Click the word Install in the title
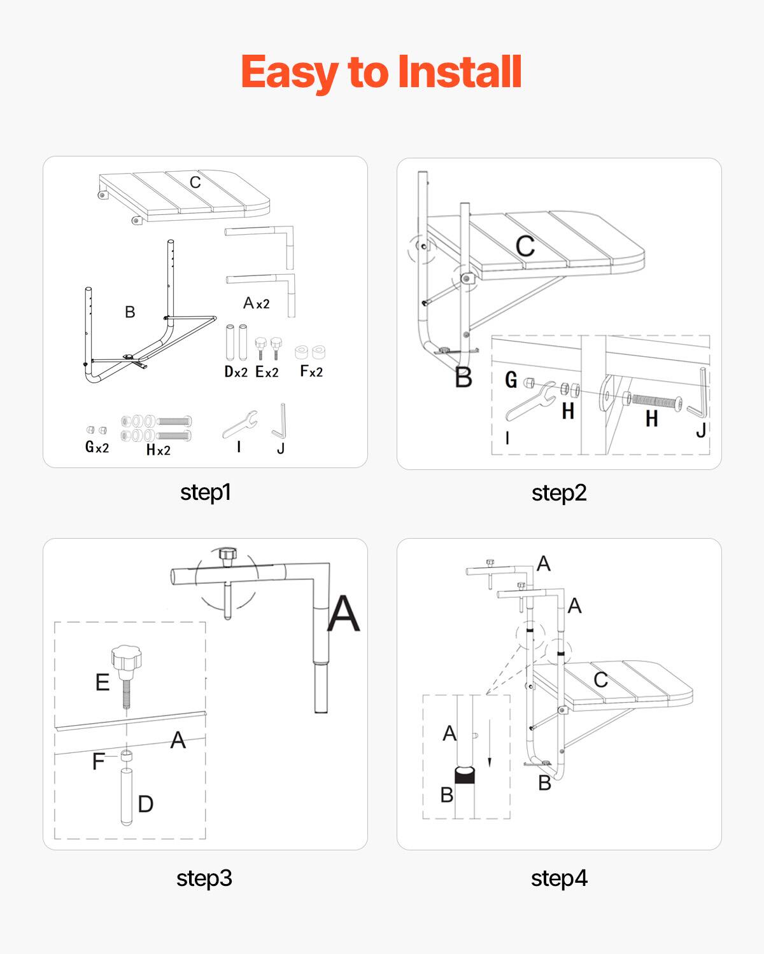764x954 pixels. pyautogui.click(x=459, y=71)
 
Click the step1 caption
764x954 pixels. pyautogui.click(x=205, y=492)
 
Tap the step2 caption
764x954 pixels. pyautogui.click(x=559, y=493)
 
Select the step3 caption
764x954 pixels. pyautogui.click(x=204, y=878)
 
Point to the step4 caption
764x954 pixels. pyautogui.click(x=559, y=878)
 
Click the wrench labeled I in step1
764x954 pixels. pyautogui.click(x=241, y=424)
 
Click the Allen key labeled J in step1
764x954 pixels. pyautogui.click(x=280, y=422)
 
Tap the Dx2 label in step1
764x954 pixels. pyautogui.click(x=236, y=372)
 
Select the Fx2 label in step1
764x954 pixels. pyautogui.click(x=311, y=371)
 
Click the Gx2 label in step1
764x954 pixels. pyautogui.click(x=97, y=447)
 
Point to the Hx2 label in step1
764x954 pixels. pyautogui.click(x=158, y=450)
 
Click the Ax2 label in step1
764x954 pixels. pyautogui.click(x=257, y=303)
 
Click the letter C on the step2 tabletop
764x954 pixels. pyautogui.click(x=525, y=247)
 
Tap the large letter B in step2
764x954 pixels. pyautogui.click(x=463, y=378)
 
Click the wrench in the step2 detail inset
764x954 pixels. pyautogui.click(x=530, y=401)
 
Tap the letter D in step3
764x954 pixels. pyautogui.click(x=146, y=804)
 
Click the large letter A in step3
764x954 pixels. pyautogui.click(x=344, y=614)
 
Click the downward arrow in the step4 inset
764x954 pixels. pyautogui.click(x=489, y=743)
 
